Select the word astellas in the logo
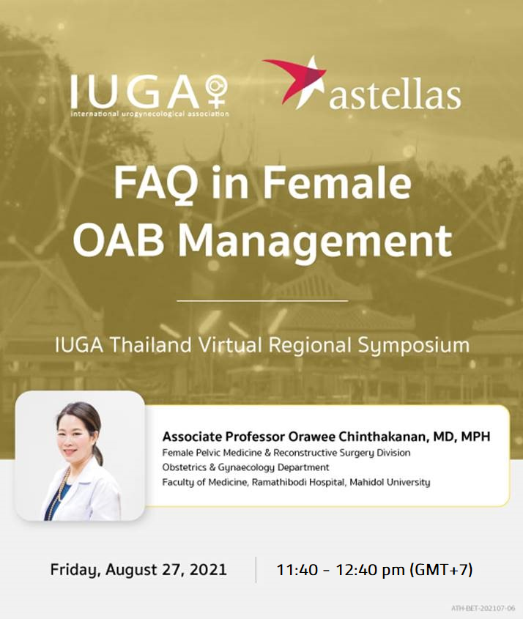coord(395,96)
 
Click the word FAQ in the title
coord(156,184)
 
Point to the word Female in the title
coord(338,183)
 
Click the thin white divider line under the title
coord(262,301)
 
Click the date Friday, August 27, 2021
coord(138,570)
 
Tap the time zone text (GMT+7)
coord(441,570)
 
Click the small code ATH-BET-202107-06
coord(483,608)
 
